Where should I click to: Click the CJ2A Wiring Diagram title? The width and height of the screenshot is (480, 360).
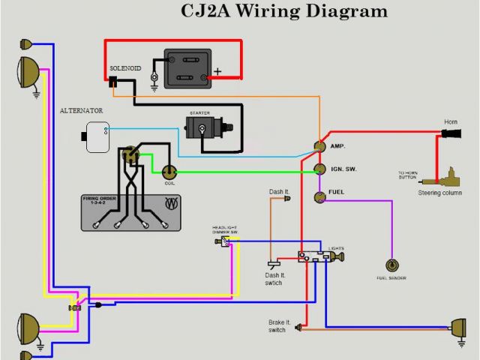(285, 11)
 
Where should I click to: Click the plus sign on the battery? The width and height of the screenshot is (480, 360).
(217, 73)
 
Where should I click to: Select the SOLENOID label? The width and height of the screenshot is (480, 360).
(125, 67)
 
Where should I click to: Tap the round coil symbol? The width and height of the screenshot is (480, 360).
(169, 171)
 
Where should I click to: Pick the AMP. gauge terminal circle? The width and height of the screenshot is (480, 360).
(319, 145)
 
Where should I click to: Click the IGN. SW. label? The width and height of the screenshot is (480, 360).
(343, 169)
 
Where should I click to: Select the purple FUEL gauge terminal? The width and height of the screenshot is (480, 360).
(319, 193)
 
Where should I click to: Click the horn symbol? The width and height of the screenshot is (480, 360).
(449, 135)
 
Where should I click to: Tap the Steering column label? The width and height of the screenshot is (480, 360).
(439, 193)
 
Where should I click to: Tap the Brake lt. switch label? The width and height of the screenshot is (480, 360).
(277, 326)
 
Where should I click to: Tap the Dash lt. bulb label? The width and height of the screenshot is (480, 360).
(278, 192)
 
